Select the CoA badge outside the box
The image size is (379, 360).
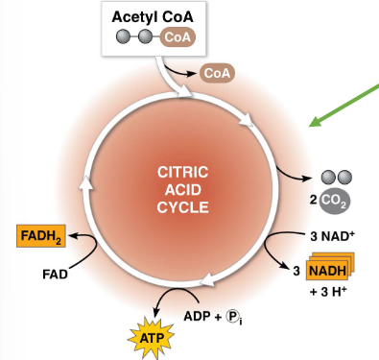pyautogui.click(x=218, y=73)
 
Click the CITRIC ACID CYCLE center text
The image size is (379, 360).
pyautogui.click(x=182, y=188)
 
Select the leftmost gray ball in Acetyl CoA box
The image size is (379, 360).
pyautogui.click(x=123, y=37)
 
